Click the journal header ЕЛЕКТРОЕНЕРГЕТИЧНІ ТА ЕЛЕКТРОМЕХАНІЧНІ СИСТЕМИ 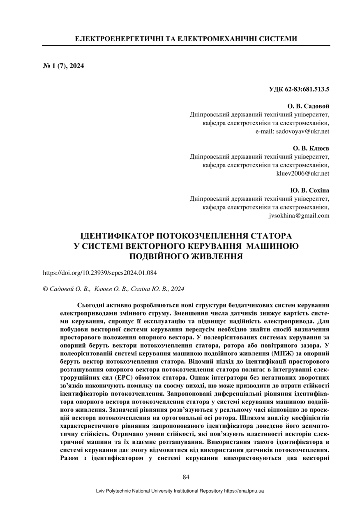(186, 39)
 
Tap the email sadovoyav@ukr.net (292, 132)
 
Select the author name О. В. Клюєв (311, 148)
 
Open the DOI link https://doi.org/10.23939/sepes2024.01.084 (100, 273)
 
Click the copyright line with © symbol (113, 289)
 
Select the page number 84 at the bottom (186, 477)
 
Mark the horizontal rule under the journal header (186, 45)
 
